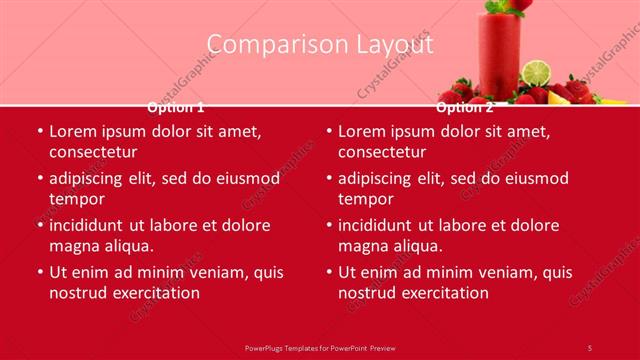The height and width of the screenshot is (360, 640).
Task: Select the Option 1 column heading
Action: click(x=176, y=107)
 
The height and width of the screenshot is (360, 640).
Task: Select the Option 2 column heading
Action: click(x=465, y=107)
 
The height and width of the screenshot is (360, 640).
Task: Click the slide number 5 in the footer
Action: click(x=590, y=347)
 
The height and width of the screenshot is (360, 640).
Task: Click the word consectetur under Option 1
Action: click(x=93, y=152)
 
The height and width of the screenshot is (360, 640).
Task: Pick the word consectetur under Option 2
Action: click(x=382, y=152)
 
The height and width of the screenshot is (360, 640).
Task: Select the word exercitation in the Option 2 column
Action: click(x=442, y=293)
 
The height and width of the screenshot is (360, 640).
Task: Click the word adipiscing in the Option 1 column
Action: click(x=87, y=178)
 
